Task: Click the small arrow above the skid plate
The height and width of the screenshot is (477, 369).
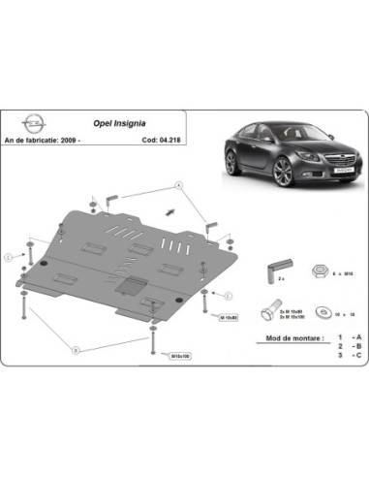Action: click(x=170, y=210)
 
